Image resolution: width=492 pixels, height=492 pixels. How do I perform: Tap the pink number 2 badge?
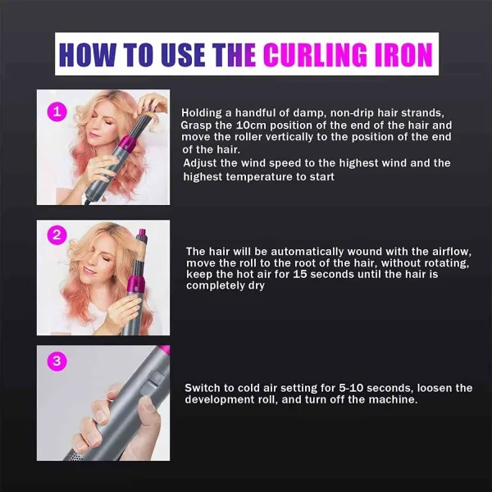pyautogui.click(x=57, y=235)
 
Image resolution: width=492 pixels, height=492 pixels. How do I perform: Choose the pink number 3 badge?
pyautogui.click(x=57, y=361)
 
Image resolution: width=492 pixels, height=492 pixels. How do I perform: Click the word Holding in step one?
pyautogui.click(x=202, y=112)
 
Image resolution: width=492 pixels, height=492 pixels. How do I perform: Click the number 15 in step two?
pyautogui.click(x=304, y=275)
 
